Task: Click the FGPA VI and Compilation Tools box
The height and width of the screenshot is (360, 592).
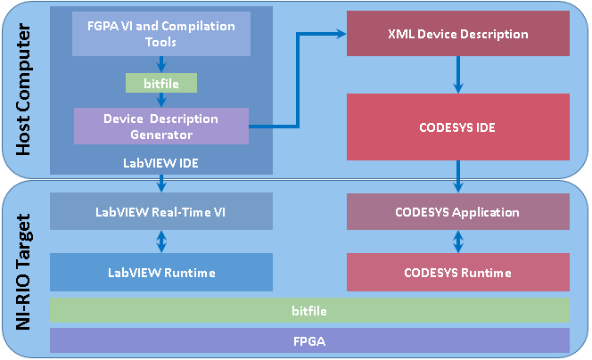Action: coord(161,34)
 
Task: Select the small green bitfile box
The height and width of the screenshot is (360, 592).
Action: coord(161,83)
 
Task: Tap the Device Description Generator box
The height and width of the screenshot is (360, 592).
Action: coord(161,126)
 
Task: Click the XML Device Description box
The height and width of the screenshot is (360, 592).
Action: coord(458,34)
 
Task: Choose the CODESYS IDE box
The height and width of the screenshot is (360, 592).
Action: coord(458,127)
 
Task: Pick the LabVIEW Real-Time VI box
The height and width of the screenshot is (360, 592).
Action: coord(161,211)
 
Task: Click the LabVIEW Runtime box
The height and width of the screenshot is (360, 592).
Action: coord(161,272)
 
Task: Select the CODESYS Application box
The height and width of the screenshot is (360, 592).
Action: coord(458,212)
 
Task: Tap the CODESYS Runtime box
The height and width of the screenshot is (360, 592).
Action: coord(458,272)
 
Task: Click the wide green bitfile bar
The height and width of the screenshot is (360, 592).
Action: coord(309,310)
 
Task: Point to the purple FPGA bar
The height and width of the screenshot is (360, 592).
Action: coord(309,340)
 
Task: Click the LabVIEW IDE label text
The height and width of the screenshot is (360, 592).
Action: coord(160,163)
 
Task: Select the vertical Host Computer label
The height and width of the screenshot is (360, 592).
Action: coord(23,89)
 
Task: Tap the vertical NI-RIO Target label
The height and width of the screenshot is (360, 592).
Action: coord(23,272)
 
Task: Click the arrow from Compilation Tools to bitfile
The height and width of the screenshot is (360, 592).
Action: coord(161,64)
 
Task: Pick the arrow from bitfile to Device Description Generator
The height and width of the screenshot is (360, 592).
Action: coord(161,101)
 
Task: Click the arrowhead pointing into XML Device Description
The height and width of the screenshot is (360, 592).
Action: coord(341,34)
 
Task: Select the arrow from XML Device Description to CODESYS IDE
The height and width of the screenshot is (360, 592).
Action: coord(458,75)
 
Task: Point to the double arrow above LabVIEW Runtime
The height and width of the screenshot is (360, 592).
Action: coord(161,241)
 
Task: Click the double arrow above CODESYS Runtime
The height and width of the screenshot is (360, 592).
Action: coord(458,241)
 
